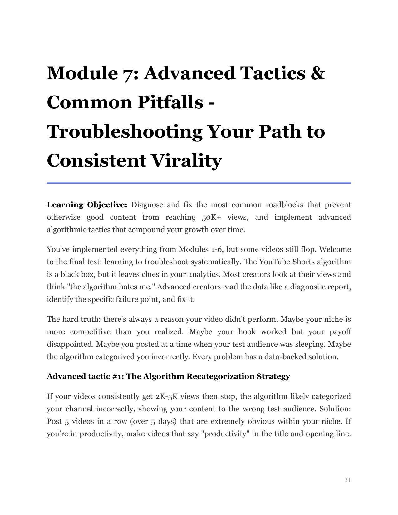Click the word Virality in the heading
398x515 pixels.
pos(186,161)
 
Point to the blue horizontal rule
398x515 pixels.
pos(199,183)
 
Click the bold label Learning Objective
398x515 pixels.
pos(87,205)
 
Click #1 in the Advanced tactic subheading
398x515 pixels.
pos(118,376)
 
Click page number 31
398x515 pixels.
pos(347,480)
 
